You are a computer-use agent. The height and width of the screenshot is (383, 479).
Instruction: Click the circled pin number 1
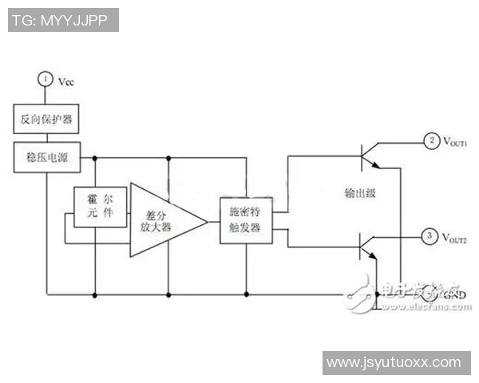tap(46, 79)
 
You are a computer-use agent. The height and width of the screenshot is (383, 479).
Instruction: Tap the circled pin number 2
tap(431, 141)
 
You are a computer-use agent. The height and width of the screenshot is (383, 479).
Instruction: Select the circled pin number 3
tap(430, 235)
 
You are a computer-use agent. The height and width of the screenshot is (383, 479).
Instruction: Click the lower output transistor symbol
tap(368, 247)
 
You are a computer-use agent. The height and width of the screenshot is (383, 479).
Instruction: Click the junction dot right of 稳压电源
tap(95, 158)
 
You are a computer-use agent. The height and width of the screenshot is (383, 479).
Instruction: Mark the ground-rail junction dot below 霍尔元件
tap(95, 295)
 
